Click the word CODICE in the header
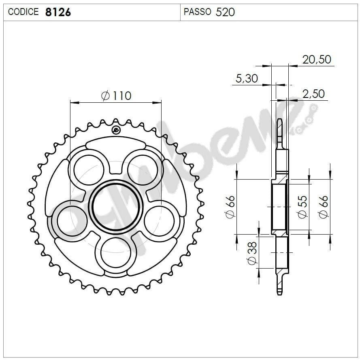pyautogui.click(x=23, y=12)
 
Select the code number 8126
pyautogui.click(x=58, y=12)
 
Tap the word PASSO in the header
pyautogui.click(x=197, y=12)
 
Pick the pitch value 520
pyautogui.click(x=225, y=12)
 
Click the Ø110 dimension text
pyautogui.click(x=116, y=96)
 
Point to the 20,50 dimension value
pyautogui.click(x=317, y=59)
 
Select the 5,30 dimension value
pyautogui.click(x=246, y=78)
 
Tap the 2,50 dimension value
pyautogui.click(x=313, y=94)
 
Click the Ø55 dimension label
pyautogui.click(x=302, y=207)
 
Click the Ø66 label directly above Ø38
pyautogui.click(x=230, y=207)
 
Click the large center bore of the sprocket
pyautogui.click(x=116, y=206)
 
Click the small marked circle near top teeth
pyautogui.click(x=116, y=130)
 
